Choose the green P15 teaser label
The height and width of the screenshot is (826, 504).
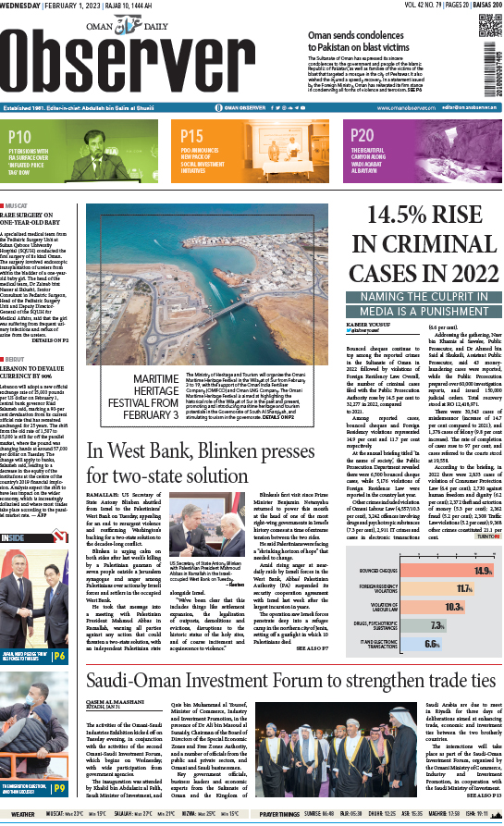pos(193,136)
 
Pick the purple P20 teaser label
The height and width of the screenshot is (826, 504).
pos(363,136)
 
